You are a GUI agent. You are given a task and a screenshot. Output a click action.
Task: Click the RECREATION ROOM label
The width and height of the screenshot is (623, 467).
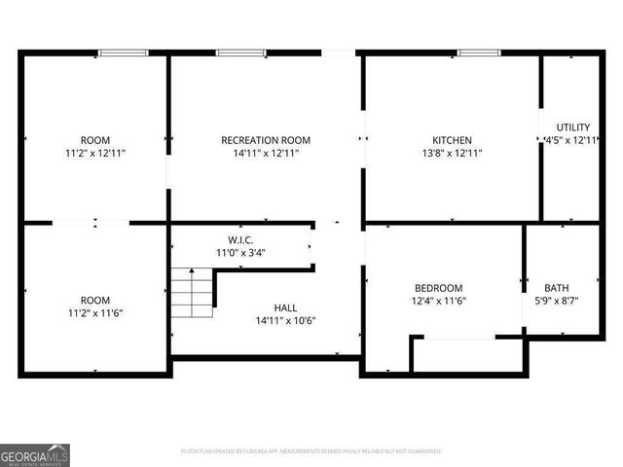266,140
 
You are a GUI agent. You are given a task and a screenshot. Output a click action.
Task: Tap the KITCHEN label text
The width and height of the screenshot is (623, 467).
452,140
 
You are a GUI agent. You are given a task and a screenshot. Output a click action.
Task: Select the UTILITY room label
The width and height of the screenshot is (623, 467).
572,127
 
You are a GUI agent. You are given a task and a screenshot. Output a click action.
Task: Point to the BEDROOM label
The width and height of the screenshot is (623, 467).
439,288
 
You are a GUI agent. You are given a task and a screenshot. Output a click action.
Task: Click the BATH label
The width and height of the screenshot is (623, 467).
557,288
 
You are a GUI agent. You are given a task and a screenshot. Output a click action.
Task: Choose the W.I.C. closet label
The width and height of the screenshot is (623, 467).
241,239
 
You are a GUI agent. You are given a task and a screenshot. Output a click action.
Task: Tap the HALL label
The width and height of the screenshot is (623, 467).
285,307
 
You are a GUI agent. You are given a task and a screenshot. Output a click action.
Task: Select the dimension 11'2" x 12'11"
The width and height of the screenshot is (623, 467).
95,153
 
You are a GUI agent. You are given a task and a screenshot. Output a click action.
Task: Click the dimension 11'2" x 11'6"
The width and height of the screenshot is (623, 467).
95,312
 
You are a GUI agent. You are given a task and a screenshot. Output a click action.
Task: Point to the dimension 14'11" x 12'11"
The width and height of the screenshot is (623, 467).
266,153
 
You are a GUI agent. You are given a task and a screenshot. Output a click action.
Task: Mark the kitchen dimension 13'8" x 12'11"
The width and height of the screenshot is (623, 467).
452,153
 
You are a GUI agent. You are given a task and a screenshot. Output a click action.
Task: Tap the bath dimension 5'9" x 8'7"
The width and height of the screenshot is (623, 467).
557,301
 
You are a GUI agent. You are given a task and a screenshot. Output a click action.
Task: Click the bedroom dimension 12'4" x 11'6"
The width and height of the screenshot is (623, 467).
439,301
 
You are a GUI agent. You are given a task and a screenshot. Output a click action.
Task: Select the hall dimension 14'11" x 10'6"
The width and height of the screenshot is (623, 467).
285,320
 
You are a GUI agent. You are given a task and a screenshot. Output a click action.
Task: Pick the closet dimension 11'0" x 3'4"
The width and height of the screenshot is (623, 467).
241,252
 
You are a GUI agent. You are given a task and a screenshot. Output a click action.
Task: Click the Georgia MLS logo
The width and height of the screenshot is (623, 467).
35,455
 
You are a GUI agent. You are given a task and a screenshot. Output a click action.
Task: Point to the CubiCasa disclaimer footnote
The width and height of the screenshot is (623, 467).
311,451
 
